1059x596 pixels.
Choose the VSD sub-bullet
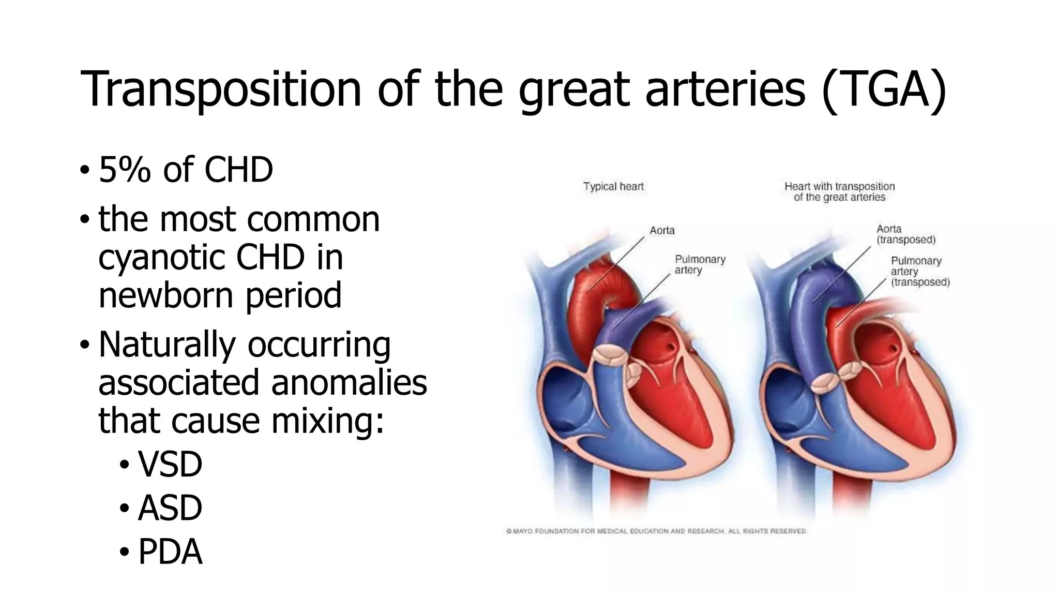click(x=170, y=464)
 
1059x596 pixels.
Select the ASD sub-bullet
click(x=170, y=508)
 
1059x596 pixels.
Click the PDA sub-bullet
click(x=170, y=552)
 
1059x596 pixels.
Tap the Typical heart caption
click(x=613, y=186)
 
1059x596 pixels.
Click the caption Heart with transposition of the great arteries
click(x=839, y=192)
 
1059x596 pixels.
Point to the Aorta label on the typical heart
click(x=662, y=230)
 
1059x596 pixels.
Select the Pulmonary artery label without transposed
click(x=700, y=264)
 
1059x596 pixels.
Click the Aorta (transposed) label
click(x=905, y=234)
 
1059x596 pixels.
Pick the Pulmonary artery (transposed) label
click(x=920, y=272)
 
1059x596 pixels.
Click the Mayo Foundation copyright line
click(x=656, y=531)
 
